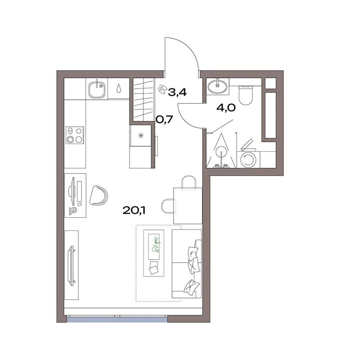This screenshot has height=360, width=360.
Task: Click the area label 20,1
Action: pyautogui.click(x=134, y=210)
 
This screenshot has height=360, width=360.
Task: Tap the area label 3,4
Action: pyautogui.click(x=177, y=92)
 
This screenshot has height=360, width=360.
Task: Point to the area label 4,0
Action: pyautogui.click(x=226, y=108)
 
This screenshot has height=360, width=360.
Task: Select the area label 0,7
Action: pyautogui.click(x=164, y=119)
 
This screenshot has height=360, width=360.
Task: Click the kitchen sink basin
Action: pyautogui.click(x=97, y=90)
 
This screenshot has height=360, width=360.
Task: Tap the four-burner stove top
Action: pyautogui.click(x=75, y=135)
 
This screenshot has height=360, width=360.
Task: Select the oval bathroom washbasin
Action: pyautogui.click(x=217, y=86)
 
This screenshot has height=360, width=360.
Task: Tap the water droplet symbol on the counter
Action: pyautogui.click(x=118, y=89)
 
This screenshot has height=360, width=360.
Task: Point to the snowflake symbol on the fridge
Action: pyautogui.click(x=140, y=136)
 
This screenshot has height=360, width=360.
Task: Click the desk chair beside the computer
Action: pyautogui.click(x=99, y=195)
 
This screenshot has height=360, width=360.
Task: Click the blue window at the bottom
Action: pyautogui.click(x=117, y=319)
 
